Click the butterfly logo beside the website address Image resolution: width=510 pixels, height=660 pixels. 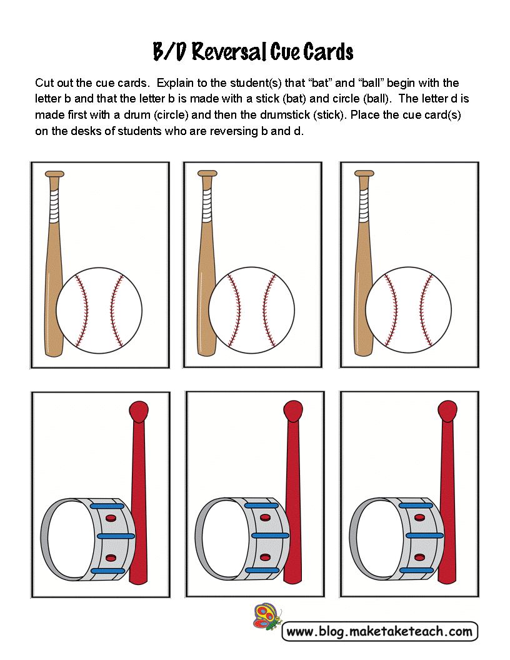coord(267,617)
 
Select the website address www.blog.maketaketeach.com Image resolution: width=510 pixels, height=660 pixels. coord(379,631)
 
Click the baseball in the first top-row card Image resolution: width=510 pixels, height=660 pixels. coord(99,310)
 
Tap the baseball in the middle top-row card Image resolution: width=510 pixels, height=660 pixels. coord(252,310)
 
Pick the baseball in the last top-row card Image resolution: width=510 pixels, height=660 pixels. coord(408,310)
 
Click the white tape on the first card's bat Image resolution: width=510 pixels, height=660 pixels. coord(54,206)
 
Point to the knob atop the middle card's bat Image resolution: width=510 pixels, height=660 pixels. coord(207,173)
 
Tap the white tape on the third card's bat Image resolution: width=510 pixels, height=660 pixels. coord(364,206)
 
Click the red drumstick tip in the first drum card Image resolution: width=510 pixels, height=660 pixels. coord(139,411)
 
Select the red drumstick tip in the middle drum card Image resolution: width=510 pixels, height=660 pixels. coord(293,411)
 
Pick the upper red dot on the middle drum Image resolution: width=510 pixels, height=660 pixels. coord(265,517)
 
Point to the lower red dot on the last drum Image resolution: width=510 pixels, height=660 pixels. coord(419,557)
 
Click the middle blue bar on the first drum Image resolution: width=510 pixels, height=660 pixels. coord(116,536)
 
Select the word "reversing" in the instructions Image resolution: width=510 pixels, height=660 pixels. coord(234,131)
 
